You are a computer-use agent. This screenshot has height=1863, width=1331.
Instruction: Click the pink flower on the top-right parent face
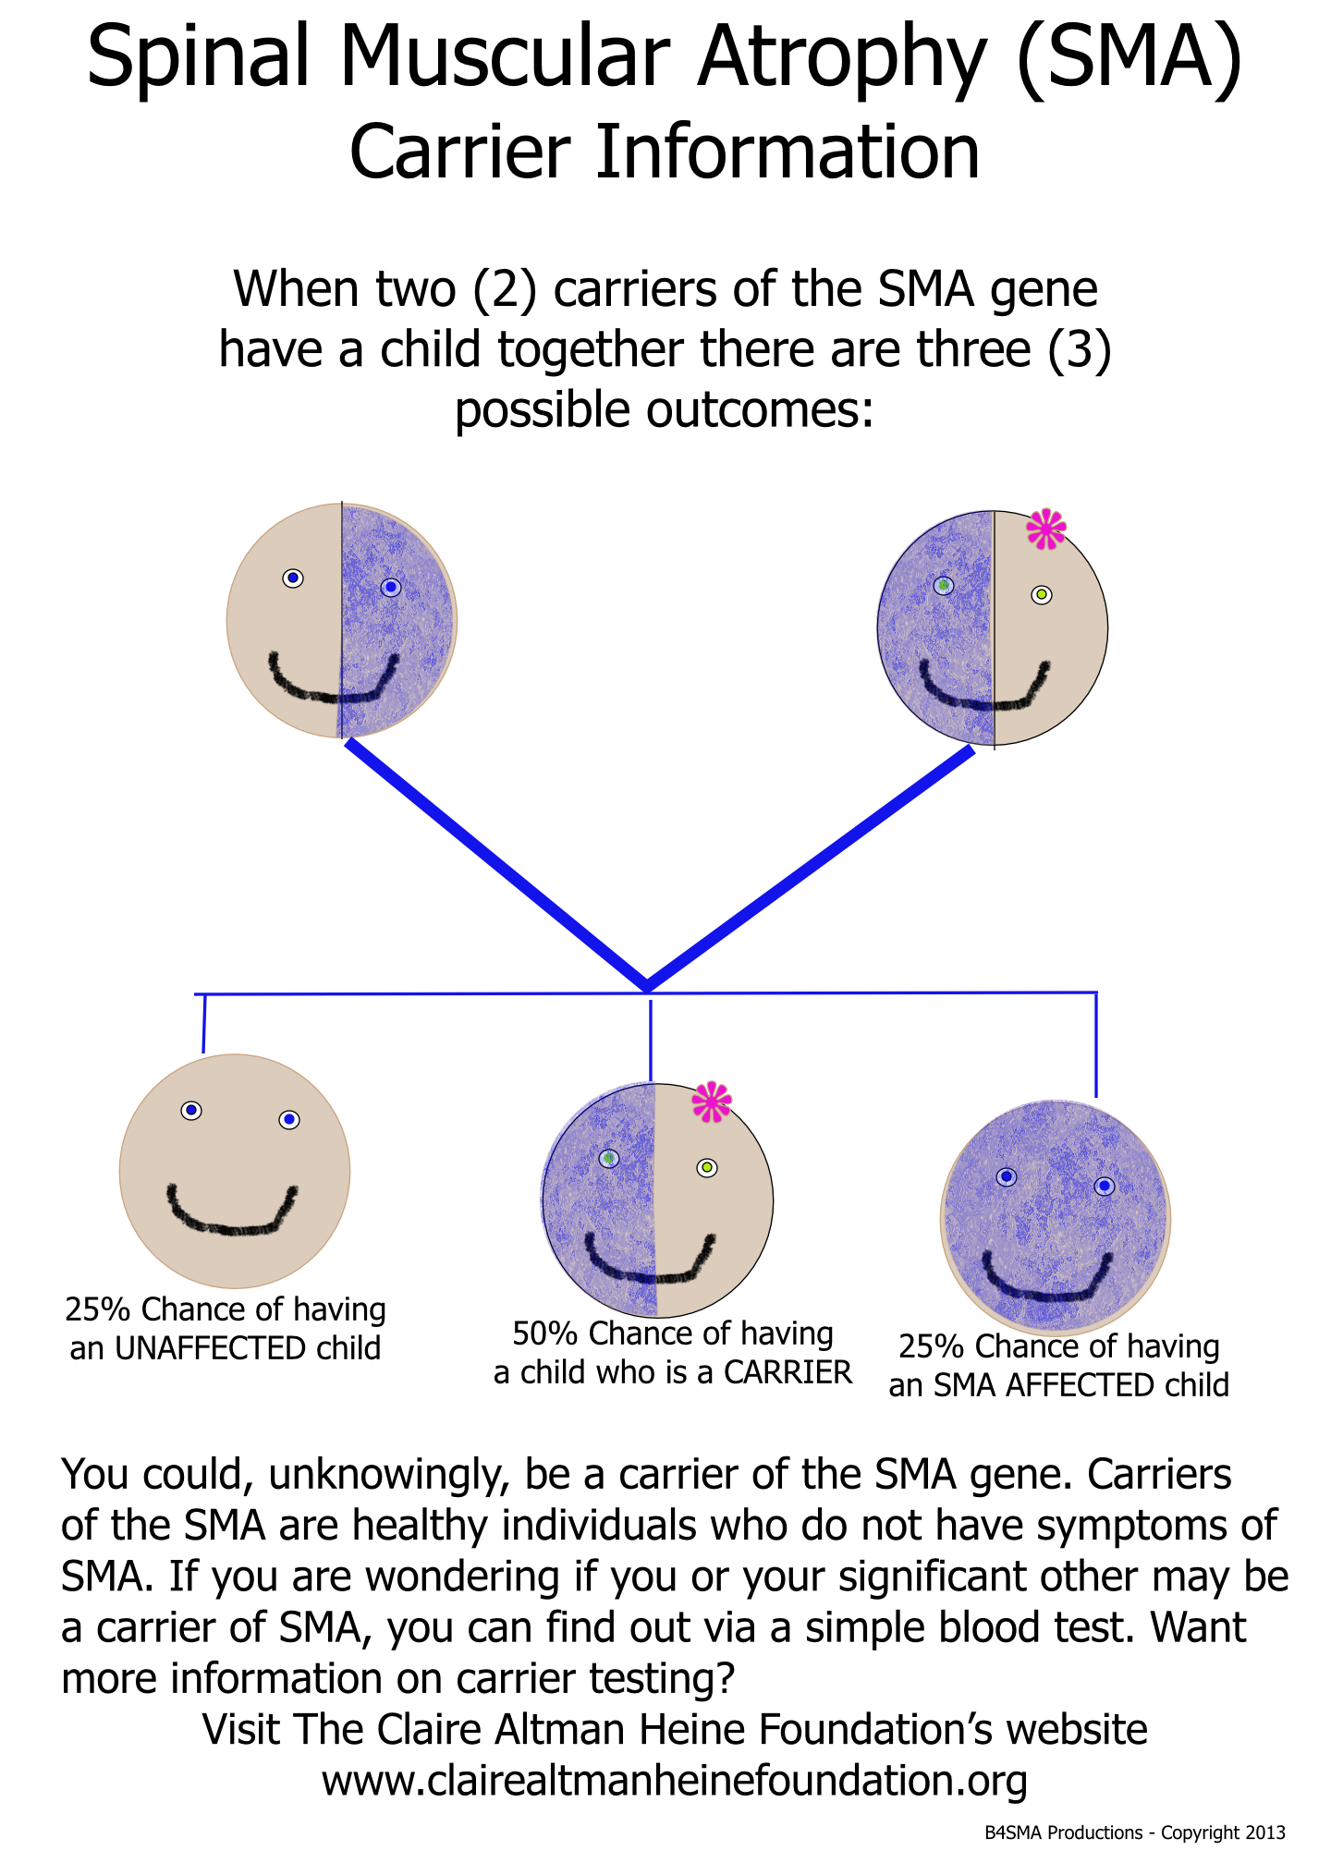point(1045,530)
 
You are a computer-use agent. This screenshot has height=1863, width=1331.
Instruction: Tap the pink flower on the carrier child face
point(712,1102)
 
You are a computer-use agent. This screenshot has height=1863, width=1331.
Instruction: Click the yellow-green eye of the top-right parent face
point(1042,594)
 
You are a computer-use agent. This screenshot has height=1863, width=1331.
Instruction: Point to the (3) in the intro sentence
point(1079,351)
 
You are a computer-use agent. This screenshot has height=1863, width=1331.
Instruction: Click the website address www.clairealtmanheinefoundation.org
point(674,1780)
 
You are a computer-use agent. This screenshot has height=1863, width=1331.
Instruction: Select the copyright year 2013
point(1264,1833)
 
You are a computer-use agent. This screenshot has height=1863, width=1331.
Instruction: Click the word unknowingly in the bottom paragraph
point(389,1475)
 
